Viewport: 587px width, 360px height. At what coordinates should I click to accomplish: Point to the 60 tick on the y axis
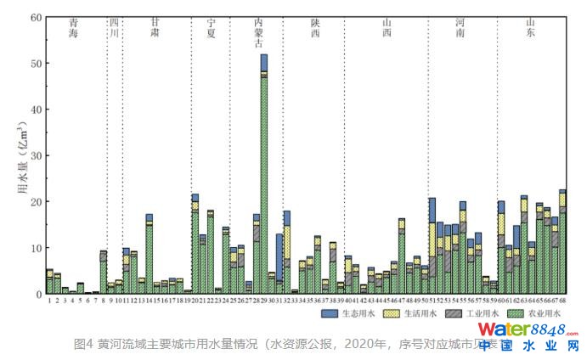pos(36,17)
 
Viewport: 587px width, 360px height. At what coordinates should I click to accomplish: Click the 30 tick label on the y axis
pos(36,155)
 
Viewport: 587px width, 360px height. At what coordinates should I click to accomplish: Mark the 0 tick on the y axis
pos(38,294)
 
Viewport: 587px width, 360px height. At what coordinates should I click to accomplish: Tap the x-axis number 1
pos(49,301)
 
